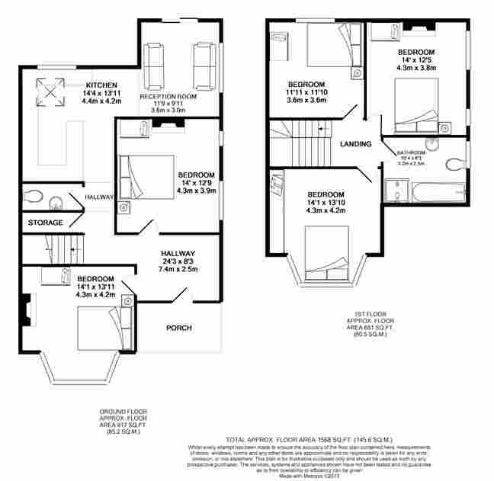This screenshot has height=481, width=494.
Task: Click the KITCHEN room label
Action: click(101, 84)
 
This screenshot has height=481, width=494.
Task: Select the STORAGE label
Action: click(45, 223)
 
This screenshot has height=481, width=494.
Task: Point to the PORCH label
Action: click(179, 329)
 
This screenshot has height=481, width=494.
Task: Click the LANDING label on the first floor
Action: click(355, 144)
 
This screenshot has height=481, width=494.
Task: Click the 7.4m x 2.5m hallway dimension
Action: click(178, 269)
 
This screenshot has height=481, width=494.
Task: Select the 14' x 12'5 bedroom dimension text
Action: click(416, 59)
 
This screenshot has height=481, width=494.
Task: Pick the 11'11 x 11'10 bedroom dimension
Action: click(306, 91)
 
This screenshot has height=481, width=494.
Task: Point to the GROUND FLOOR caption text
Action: click(124, 411)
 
